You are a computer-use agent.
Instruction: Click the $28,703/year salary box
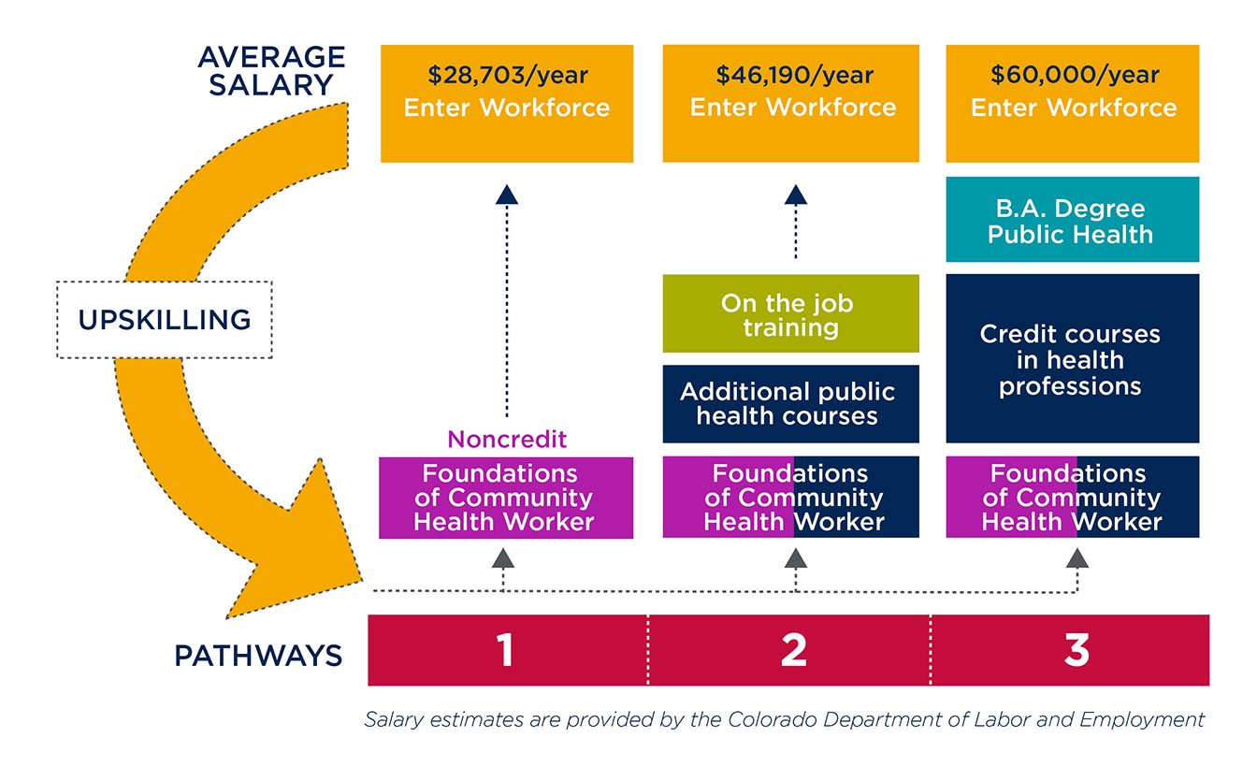[506, 103]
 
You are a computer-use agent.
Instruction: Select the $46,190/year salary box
[791, 103]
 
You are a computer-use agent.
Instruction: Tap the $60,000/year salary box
[1073, 103]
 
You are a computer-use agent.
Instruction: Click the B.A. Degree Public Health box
[1072, 220]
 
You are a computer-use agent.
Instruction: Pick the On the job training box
[791, 314]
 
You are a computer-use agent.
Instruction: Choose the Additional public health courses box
[791, 404]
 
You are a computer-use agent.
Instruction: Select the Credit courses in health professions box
[1072, 359]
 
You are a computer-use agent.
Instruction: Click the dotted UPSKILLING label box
[165, 319]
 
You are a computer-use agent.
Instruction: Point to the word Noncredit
[507, 439]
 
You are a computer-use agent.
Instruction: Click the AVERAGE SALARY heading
[270, 71]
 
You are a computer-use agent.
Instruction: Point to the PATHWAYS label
[259, 655]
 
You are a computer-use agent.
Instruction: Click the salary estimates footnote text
[784, 719]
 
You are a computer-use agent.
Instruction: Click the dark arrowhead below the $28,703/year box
[506, 194]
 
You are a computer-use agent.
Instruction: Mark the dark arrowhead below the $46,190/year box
[795, 194]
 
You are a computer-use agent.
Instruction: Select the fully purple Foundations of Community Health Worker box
[506, 498]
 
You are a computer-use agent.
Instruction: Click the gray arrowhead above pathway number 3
[1077, 558]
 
